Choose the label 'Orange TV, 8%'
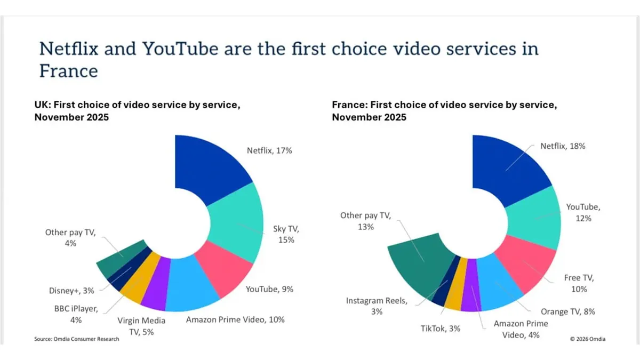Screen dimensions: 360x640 tap(568, 311)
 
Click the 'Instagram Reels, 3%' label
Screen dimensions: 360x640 tap(376, 306)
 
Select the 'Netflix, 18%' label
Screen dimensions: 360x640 tap(563, 146)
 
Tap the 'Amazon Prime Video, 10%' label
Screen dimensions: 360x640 tap(235, 319)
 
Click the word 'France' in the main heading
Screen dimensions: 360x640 tap(68, 71)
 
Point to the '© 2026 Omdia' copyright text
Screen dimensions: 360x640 tap(587, 339)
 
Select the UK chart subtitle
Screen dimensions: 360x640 tap(137, 111)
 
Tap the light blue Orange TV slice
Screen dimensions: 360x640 tap(499, 283)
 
